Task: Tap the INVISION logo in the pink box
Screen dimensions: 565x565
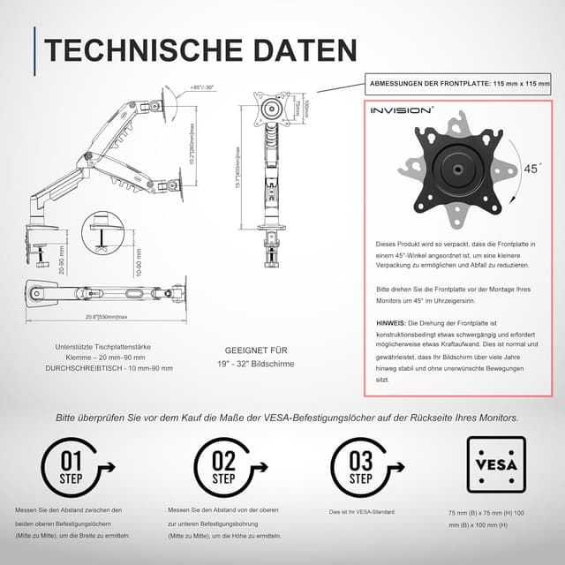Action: coord(401,111)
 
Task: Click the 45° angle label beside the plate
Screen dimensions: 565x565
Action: coord(532,168)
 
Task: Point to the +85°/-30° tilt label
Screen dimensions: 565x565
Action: coord(202,87)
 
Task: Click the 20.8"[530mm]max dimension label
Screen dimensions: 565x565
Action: coord(107,317)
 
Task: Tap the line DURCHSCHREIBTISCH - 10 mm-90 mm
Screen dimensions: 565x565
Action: coord(109,368)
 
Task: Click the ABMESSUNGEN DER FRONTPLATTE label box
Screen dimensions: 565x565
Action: coord(459,84)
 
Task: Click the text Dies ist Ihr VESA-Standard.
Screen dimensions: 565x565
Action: coord(361,512)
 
